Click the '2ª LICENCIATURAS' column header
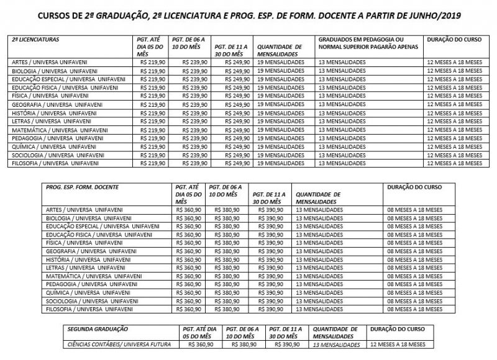(35, 38)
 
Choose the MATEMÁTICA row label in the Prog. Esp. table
(91, 275)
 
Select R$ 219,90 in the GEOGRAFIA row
(153, 104)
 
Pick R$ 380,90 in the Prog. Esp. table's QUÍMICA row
(226, 291)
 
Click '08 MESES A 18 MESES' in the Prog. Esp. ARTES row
(413, 210)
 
